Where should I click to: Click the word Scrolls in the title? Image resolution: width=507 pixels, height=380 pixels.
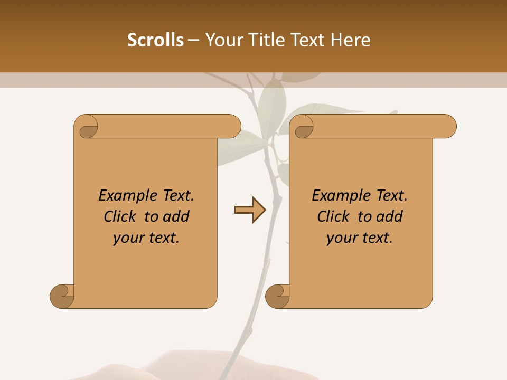click(156, 40)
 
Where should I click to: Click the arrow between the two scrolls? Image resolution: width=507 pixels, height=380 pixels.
click(250, 210)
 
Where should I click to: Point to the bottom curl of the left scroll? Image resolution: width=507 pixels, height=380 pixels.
click(62, 296)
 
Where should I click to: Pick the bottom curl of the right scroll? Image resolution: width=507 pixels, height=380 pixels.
click(277, 296)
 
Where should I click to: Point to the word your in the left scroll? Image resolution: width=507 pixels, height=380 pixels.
click(127, 238)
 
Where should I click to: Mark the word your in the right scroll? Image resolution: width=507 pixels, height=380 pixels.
click(341, 238)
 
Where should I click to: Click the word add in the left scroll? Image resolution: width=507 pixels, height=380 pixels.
click(177, 216)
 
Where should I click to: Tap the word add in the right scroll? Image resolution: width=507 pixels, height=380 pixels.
click(390, 216)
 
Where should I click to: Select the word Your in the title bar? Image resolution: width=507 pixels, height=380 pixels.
click(222, 40)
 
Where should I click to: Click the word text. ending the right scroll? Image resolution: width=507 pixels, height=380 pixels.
click(377, 238)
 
